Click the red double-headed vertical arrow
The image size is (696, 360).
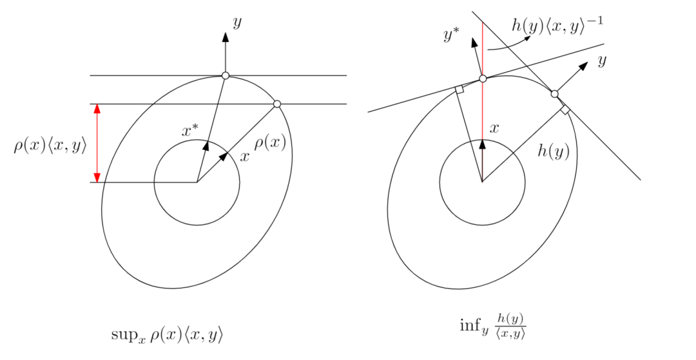pos(97,143)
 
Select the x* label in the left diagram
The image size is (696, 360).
pos(190,131)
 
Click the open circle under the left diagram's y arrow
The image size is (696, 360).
pos(225,76)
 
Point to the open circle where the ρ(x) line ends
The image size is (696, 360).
pos(277,104)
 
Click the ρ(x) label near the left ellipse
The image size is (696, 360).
pos(269,142)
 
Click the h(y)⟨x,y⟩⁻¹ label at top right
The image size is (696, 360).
pos(557,26)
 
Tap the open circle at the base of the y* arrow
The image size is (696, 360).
pos(483,79)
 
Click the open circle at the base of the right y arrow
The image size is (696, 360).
pos(554,94)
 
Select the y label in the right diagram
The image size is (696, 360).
pos(603,61)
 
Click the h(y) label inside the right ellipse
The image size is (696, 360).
pos(553,151)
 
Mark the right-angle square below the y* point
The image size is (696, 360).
pos(459,90)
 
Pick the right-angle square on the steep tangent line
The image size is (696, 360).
pos(565,109)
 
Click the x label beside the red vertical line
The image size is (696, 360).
pos(494,128)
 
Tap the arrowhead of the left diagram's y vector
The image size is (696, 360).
pos(225,37)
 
